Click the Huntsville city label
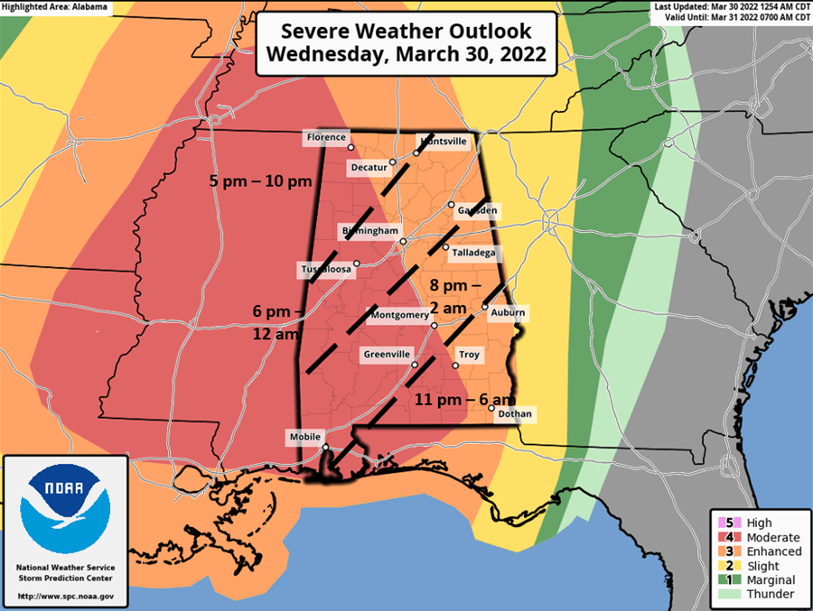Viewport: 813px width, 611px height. point(443,142)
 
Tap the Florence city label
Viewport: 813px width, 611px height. point(325,138)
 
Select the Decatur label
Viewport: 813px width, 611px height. point(368,168)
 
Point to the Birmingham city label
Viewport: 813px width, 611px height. point(369,232)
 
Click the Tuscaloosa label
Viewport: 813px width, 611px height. point(323,270)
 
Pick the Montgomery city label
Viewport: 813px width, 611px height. point(399,315)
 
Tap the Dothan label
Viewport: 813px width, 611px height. point(515,414)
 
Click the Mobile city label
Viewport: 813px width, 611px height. point(304,437)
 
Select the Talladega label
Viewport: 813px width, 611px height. point(473,253)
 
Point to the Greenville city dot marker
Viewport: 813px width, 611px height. point(415,365)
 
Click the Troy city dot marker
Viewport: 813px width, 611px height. point(455,366)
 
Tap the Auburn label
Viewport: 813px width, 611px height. point(508,313)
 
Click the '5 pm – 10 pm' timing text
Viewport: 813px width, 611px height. point(260,181)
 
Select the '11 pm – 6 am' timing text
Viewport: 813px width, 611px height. point(465,399)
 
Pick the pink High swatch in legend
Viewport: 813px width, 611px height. point(723,523)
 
